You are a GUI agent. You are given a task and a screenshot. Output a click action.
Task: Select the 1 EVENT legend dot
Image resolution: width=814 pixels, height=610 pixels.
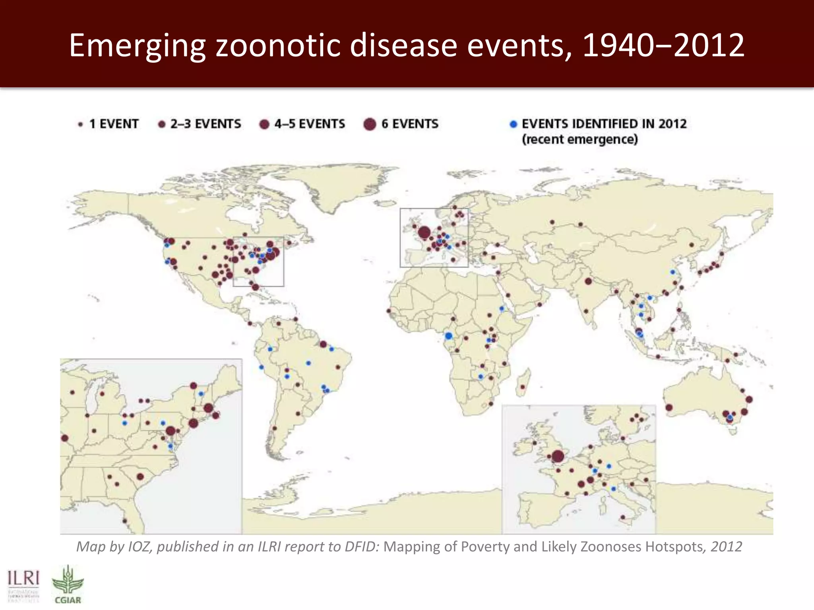coord(81,124)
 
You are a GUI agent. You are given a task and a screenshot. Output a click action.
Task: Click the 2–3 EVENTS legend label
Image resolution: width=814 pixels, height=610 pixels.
coord(205,124)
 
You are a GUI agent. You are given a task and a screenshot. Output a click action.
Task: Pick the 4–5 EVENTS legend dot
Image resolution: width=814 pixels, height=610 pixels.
coord(264,124)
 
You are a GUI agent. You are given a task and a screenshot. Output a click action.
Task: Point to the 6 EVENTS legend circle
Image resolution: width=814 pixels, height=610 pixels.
coord(370,124)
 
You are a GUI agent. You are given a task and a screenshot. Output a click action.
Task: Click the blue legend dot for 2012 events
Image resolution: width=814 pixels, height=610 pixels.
coord(513,124)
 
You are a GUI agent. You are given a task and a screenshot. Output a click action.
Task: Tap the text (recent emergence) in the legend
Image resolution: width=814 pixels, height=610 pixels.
coord(579,139)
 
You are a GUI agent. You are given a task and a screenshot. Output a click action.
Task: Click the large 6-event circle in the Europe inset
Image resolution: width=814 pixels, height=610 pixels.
coord(558,457)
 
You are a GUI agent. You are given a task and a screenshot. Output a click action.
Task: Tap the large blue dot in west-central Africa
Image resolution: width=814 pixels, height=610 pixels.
coord(449,336)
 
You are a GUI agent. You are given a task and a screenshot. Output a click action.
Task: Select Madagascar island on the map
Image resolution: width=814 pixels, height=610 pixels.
coord(523,382)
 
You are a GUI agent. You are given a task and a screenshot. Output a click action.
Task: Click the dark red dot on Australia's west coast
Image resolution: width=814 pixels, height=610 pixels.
coord(669,407)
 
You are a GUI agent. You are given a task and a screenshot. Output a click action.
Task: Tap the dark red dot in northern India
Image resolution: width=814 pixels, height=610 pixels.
coord(588,281)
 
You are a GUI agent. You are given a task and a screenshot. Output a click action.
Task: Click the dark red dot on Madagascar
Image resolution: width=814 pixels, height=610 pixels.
coord(523,387)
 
